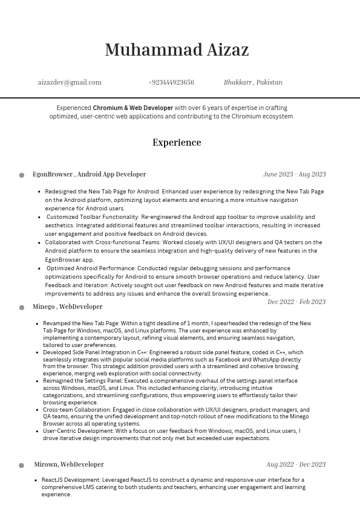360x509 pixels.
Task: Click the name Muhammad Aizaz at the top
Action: pyautogui.click(x=177, y=50)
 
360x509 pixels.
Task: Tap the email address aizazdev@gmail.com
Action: pyautogui.click(x=70, y=82)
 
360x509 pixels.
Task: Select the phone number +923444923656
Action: pyautogui.click(x=171, y=82)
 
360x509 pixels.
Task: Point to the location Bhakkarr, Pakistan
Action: pyautogui.click(x=253, y=82)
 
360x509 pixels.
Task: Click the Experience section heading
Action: pyautogui.click(x=177, y=143)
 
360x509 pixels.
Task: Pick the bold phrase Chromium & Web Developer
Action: pyautogui.click(x=133, y=108)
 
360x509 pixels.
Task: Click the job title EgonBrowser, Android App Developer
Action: pyautogui.click(x=90, y=174)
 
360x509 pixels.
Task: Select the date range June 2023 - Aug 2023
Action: pyautogui.click(x=294, y=174)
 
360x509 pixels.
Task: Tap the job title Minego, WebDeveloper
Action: pyautogui.click(x=68, y=306)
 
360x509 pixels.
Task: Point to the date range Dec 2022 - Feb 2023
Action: pyautogui.click(x=296, y=302)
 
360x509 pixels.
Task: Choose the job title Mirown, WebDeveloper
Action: pyautogui.click(x=69, y=464)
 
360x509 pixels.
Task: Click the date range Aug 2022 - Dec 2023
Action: pyautogui.click(x=296, y=464)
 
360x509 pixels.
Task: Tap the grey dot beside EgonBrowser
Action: pyautogui.click(x=22, y=175)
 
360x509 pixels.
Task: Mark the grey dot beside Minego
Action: pyautogui.click(x=22, y=308)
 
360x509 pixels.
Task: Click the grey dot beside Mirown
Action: pyautogui.click(x=22, y=465)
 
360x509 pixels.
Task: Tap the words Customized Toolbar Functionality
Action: pyautogui.click(x=93, y=217)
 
